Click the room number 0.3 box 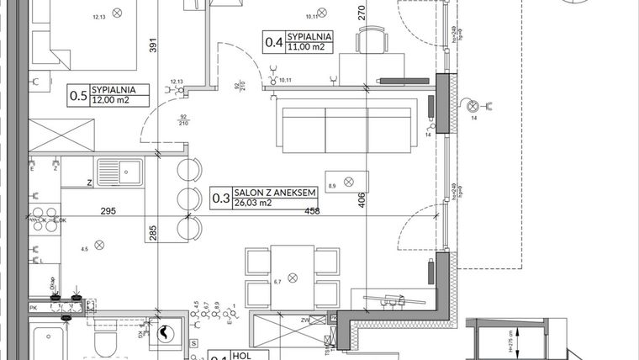pyautogui.click(x=219, y=199)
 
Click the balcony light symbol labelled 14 pyautogui.click(x=473, y=106)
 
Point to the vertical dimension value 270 pyautogui.click(x=362, y=13)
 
